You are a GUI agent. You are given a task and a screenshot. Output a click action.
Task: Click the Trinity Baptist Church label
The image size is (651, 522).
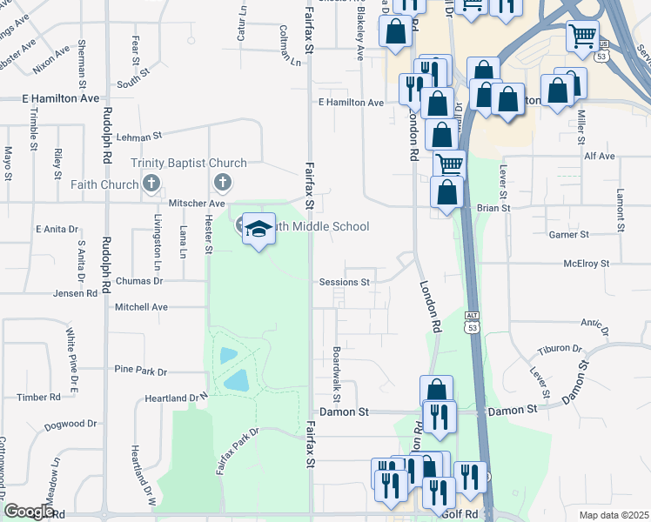click(x=189, y=163)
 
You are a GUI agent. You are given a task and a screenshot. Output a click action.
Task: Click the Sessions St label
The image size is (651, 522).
click(x=345, y=282)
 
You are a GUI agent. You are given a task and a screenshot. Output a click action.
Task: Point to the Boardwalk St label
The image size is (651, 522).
click(x=337, y=370)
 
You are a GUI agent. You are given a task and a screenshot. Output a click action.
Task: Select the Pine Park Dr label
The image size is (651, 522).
click(x=140, y=370)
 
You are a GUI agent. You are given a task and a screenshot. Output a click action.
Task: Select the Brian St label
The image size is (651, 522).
click(x=493, y=209)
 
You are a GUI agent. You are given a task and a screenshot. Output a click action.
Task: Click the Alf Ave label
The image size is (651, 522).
click(x=600, y=156)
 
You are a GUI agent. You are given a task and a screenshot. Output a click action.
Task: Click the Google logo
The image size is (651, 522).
click(x=29, y=512)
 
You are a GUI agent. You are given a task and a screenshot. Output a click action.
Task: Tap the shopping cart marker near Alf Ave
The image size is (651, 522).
click(x=449, y=165)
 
